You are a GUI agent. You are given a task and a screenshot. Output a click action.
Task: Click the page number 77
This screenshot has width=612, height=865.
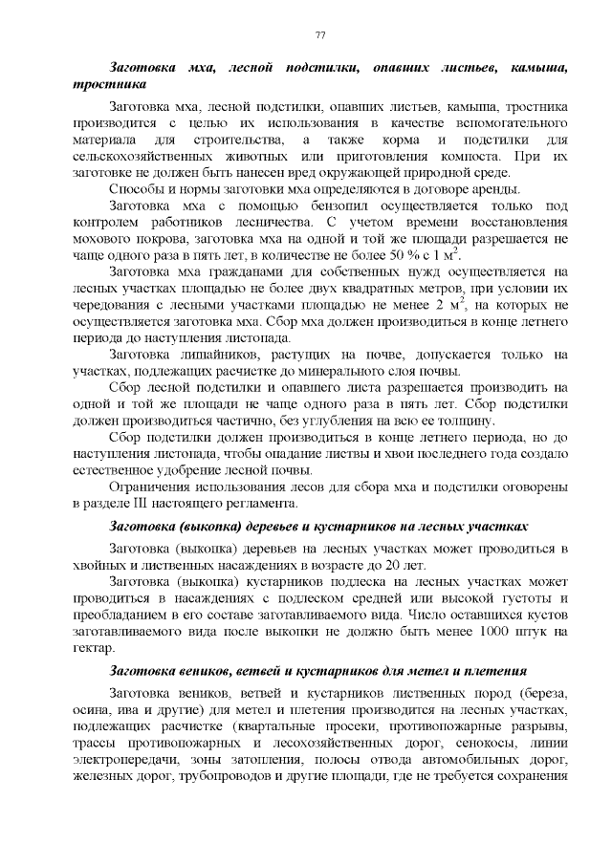click(321, 35)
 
